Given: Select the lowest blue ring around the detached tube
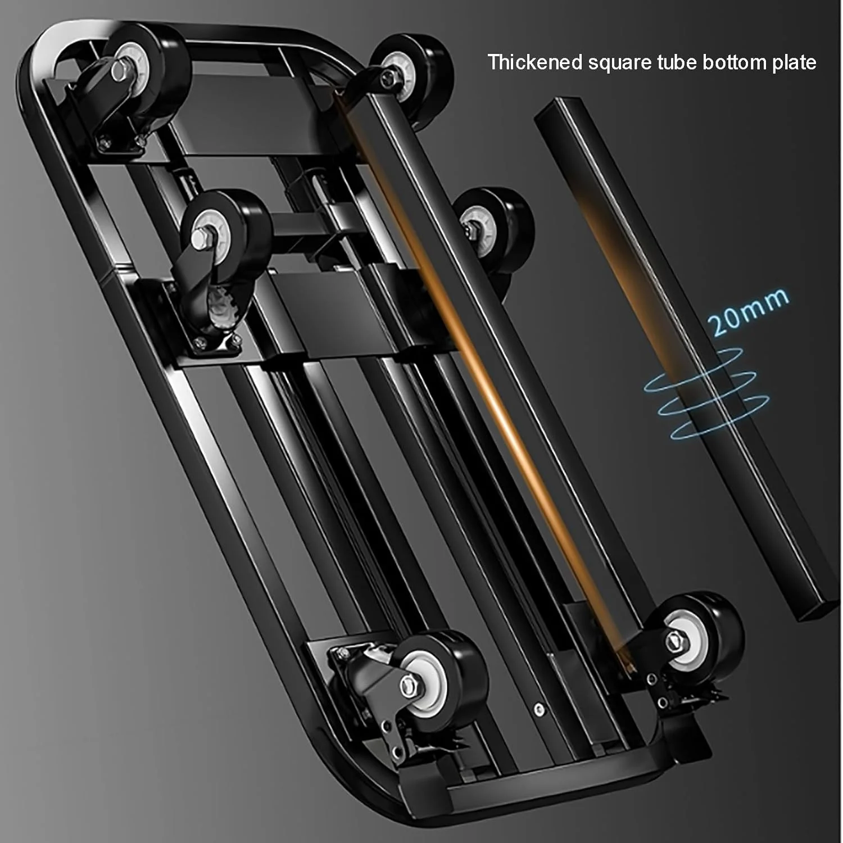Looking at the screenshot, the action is pyautogui.click(x=720, y=416).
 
